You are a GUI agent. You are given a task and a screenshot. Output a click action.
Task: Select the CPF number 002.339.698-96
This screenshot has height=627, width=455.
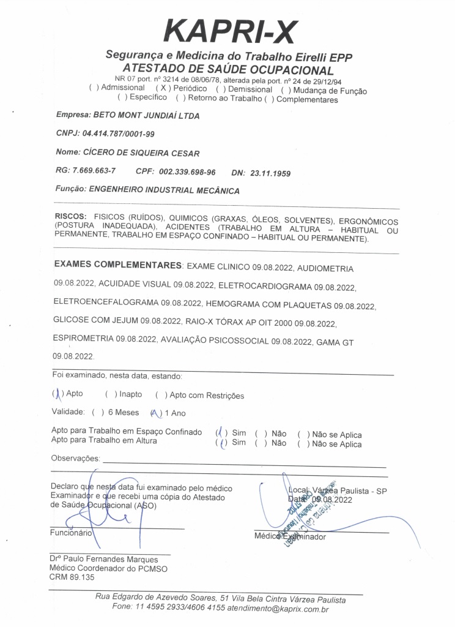point(187,172)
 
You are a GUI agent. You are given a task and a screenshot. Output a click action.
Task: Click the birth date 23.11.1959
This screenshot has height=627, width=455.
point(270,173)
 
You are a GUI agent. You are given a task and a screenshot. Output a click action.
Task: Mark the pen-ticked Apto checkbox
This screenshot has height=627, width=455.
point(57,394)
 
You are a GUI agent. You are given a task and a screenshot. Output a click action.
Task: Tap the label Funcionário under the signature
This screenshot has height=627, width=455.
point(71,533)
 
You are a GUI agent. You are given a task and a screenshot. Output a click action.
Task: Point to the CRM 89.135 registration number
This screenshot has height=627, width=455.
point(72,577)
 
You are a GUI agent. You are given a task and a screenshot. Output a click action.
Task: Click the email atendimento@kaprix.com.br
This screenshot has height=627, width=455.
point(278,609)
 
